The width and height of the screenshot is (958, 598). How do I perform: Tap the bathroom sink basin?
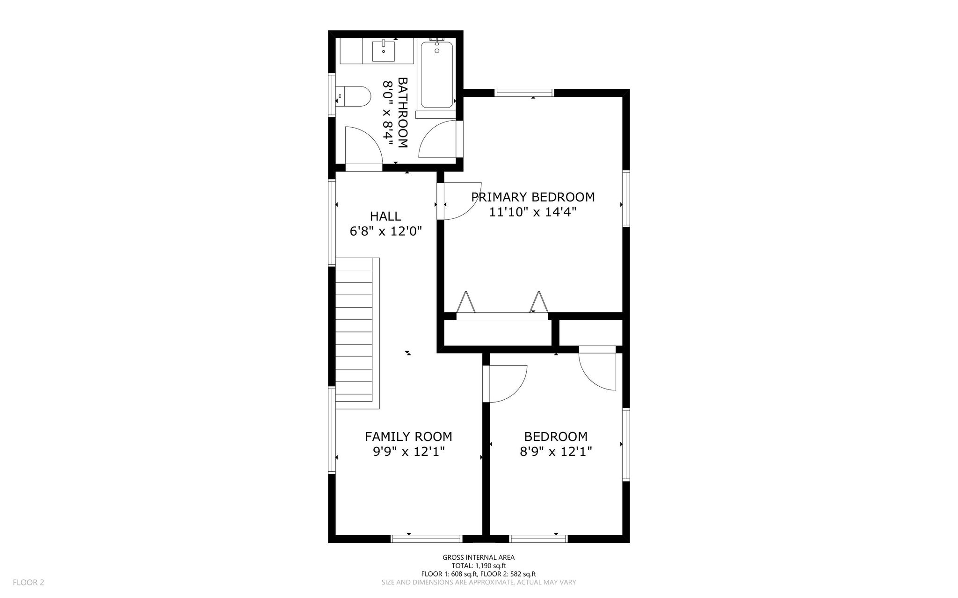[x=384, y=51]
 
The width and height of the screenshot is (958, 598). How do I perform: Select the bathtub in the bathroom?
[x=436, y=75]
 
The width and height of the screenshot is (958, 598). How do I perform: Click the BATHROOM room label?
[x=403, y=113]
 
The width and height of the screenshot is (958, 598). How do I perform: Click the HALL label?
[x=385, y=216]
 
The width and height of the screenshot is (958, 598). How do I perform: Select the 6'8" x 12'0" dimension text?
[x=386, y=231]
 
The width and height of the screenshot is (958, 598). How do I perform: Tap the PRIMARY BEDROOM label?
[x=533, y=197]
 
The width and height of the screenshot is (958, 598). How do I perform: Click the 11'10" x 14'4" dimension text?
[x=533, y=212]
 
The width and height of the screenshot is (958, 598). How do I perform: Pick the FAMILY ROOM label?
[x=408, y=436]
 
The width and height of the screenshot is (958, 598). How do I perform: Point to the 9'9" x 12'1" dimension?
[x=408, y=452]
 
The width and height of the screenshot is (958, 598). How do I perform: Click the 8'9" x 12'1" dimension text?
[x=556, y=452]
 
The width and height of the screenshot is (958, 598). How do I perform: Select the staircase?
[x=357, y=333]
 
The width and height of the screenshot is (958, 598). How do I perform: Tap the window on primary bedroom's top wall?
[x=524, y=93]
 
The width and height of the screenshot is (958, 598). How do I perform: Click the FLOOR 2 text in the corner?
[x=29, y=583]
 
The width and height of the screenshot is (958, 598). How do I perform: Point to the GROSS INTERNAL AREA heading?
[x=479, y=557]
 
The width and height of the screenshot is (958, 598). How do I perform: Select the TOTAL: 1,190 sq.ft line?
[x=479, y=566]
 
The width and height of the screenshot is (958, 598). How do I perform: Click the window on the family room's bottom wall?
[x=427, y=539]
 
